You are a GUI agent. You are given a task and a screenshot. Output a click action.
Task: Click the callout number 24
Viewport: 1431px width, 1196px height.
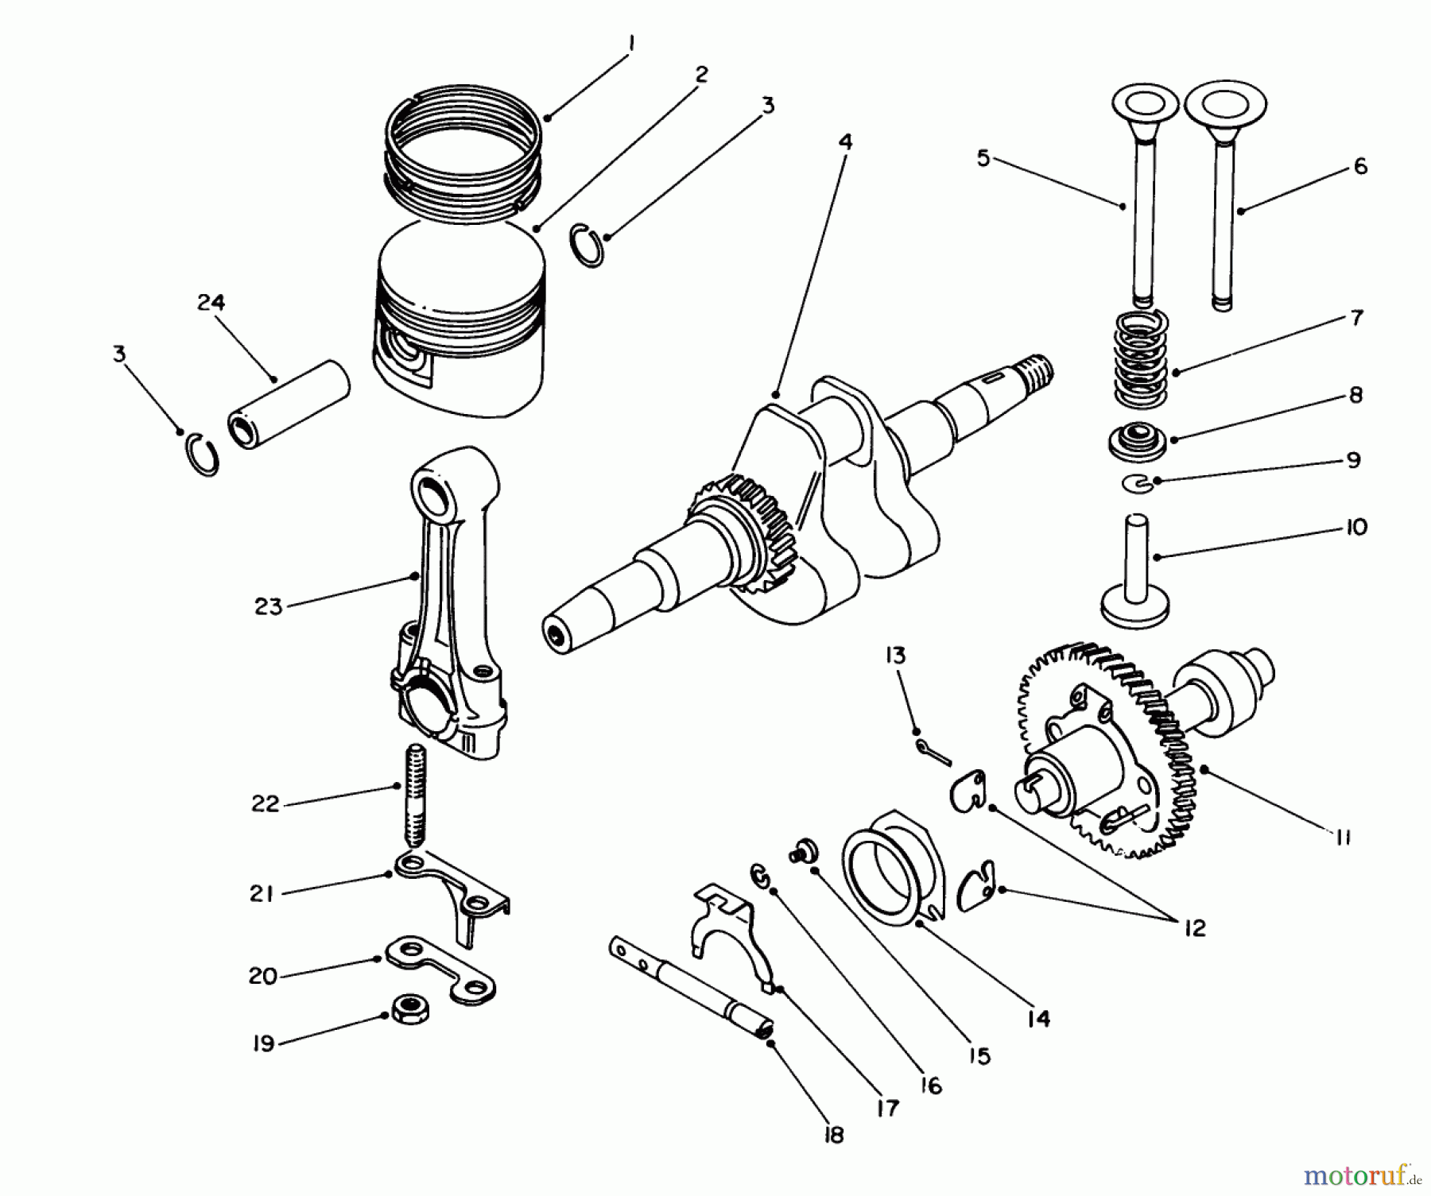211,303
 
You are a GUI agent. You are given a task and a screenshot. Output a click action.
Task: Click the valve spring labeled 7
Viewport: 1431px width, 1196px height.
1142,357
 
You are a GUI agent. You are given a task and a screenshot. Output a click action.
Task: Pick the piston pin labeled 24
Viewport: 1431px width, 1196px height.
290,405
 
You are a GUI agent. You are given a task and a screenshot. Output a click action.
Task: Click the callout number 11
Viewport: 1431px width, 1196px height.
1343,837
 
